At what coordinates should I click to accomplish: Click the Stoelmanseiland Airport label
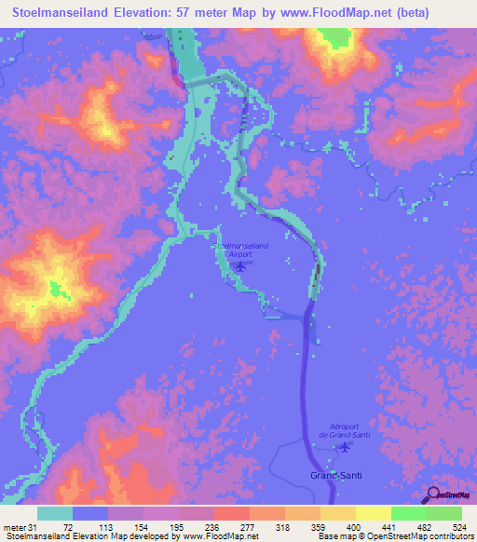(243, 249)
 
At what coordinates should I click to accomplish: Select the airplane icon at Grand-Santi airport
(346, 446)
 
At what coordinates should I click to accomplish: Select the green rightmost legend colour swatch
(443, 513)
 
